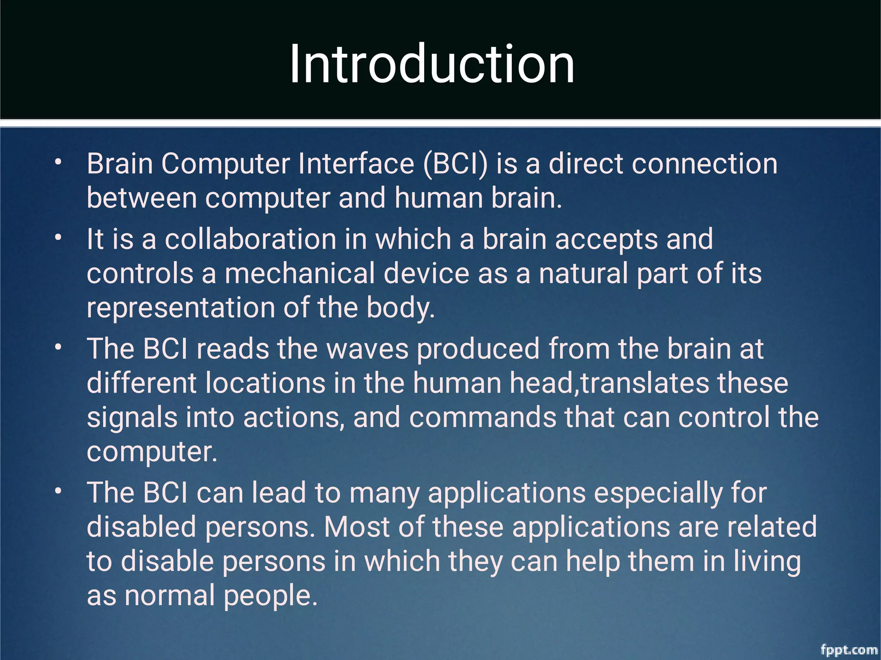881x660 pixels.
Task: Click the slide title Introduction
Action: click(432, 64)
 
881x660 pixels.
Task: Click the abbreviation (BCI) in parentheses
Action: click(456, 164)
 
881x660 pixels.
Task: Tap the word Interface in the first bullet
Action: click(356, 164)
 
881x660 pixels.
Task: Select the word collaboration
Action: click(250, 239)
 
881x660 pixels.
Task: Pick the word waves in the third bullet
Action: click(367, 349)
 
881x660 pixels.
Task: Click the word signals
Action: click(132, 417)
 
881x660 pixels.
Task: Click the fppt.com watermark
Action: click(849, 650)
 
